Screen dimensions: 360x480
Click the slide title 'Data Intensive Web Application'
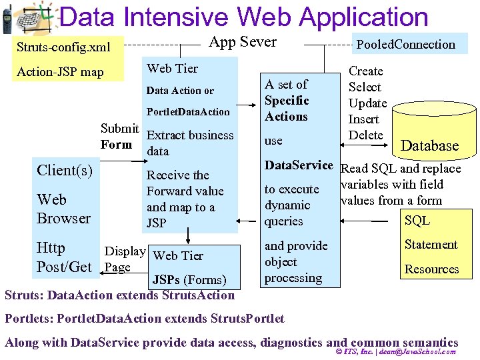coord(243,17)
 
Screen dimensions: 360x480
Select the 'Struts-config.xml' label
coord(63,47)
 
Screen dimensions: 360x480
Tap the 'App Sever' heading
coord(243,42)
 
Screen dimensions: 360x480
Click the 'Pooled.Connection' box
coord(405,45)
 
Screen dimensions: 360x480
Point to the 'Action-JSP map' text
coord(60,71)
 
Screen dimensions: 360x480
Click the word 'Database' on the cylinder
coord(429,146)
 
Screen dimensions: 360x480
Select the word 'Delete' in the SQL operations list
coord(365,135)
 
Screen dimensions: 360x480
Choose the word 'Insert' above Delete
coord(363,119)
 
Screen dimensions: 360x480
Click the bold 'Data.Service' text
coord(298,165)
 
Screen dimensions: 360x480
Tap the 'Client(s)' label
coord(65,170)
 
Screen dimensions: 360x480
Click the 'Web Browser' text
coord(63,209)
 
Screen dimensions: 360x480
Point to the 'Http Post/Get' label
coord(64,257)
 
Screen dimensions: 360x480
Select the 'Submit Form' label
coord(119,136)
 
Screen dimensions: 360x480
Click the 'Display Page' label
coord(125,259)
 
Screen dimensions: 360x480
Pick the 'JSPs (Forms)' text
coord(189,279)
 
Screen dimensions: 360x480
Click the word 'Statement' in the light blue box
coord(431,245)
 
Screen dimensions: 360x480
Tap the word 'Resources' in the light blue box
coord(431,269)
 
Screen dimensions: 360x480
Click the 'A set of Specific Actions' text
coord(287,101)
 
